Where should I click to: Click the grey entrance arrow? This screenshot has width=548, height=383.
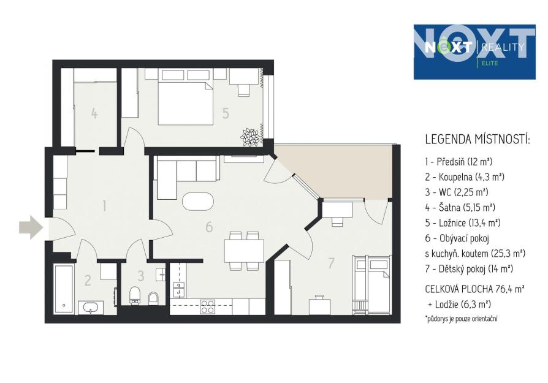(31, 227)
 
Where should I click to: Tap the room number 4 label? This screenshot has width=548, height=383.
(94, 113)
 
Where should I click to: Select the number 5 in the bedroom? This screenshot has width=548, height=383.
(226, 113)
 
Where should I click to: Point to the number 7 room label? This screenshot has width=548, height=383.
(332, 263)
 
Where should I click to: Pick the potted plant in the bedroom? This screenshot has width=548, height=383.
(250, 137)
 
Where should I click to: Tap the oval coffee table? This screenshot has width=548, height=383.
(198, 201)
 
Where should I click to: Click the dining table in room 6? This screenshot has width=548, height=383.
(244, 251)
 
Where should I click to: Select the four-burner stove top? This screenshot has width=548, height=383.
(207, 307)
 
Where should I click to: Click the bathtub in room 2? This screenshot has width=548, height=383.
(64, 289)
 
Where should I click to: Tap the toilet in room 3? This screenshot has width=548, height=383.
(135, 295)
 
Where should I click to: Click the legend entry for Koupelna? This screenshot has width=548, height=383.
(465, 177)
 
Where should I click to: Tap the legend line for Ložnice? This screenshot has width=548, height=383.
(463, 222)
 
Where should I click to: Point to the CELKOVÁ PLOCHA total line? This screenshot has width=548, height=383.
(474, 289)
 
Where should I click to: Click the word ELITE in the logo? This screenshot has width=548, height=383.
(489, 63)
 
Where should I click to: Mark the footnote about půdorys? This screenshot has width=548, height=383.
(461, 319)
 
